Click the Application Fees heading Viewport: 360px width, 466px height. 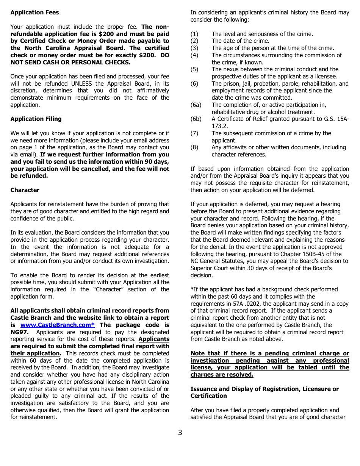34,13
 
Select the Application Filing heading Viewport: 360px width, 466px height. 36,119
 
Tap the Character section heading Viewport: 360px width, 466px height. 25,190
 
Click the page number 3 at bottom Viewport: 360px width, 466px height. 180,433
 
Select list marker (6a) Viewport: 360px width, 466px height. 196,105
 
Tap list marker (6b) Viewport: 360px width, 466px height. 196,119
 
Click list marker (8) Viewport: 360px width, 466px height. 194,147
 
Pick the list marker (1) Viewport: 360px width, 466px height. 194,34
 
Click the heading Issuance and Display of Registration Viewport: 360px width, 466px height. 264,389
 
